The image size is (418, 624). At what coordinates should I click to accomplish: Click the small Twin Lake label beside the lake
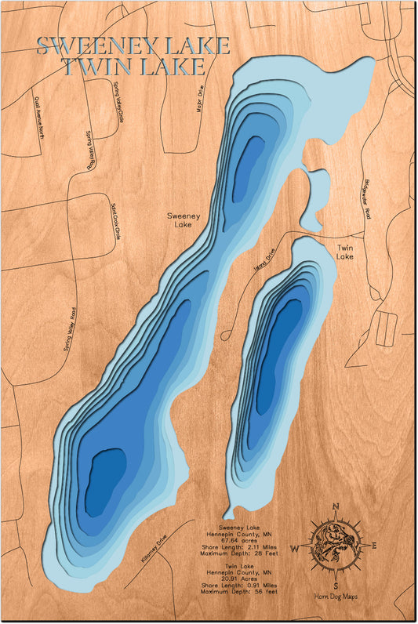345,252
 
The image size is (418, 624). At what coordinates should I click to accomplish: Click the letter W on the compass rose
296,548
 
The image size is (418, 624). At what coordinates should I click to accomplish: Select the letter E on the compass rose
375,546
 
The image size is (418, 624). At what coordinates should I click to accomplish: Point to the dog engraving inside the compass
335,546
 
